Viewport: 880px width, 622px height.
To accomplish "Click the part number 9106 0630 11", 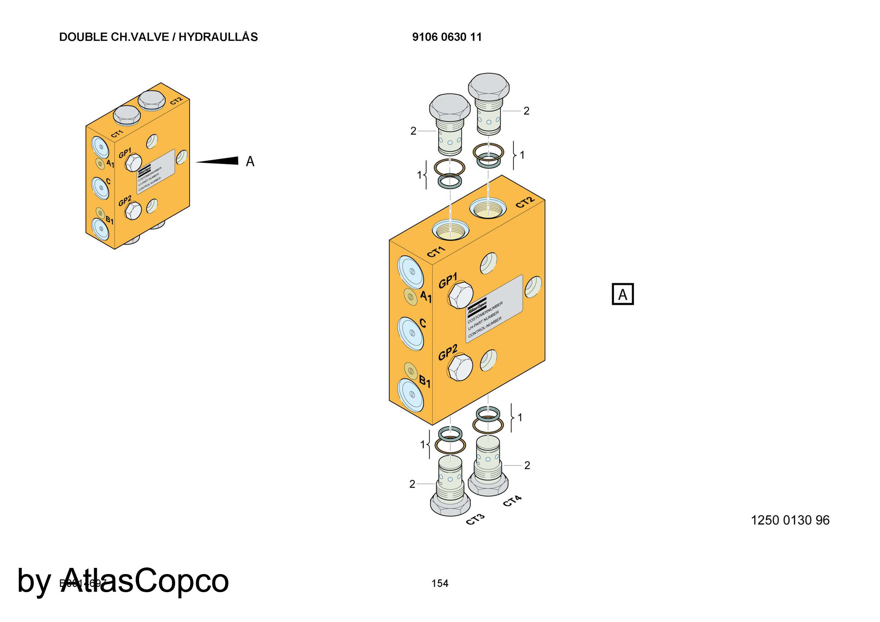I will pyautogui.click(x=447, y=37).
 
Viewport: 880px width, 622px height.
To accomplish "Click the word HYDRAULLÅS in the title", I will pyautogui.click(x=218, y=37).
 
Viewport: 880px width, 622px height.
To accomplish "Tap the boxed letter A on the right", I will pyautogui.click(x=623, y=294).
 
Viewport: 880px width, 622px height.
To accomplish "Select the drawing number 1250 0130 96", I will pyautogui.click(x=790, y=520).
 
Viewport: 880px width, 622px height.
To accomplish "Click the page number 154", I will pyautogui.click(x=440, y=583).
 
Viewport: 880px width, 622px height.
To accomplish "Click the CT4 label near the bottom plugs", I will pyautogui.click(x=512, y=501).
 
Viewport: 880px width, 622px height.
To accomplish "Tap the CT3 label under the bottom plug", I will pyautogui.click(x=475, y=520).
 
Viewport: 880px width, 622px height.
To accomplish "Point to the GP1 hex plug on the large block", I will pyautogui.click(x=460, y=296).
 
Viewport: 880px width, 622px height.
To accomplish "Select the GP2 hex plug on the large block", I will pyautogui.click(x=460, y=368).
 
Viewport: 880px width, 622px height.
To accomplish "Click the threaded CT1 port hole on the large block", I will pyautogui.click(x=451, y=230).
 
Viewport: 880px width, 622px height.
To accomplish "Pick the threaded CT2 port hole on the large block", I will pyautogui.click(x=488, y=208).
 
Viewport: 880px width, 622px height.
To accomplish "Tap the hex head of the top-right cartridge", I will pyautogui.click(x=488, y=85).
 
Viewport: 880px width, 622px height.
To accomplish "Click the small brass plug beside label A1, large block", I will pyautogui.click(x=411, y=297).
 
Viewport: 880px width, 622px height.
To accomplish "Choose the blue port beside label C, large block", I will pyautogui.click(x=411, y=333).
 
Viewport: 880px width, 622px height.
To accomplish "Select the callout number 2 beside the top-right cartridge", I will pyautogui.click(x=526, y=111).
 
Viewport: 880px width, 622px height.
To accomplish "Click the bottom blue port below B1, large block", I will pyautogui.click(x=411, y=395).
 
